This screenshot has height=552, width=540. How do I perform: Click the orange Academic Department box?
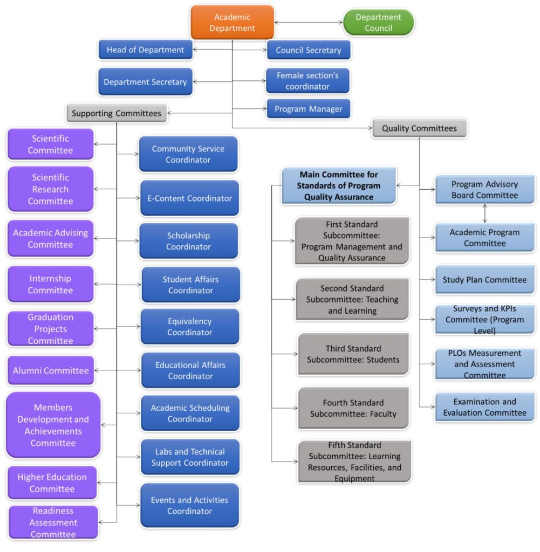pyautogui.click(x=232, y=23)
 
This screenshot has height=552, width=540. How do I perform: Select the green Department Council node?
pyautogui.click(x=378, y=23)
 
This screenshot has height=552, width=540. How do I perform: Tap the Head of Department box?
pyautogui.click(x=145, y=50)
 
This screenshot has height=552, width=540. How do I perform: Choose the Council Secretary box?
pyautogui.click(x=308, y=50)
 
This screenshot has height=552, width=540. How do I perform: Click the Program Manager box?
pyautogui.click(x=308, y=109)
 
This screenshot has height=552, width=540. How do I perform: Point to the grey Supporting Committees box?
pyautogui.click(x=116, y=113)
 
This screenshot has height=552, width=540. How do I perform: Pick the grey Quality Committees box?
pyautogui.click(x=419, y=128)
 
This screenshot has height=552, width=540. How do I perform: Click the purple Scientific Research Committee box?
pyautogui.click(x=50, y=189)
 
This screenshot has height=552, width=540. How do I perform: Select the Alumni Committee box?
pyautogui.click(x=51, y=370)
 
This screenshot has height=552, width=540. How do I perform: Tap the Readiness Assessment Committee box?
pyautogui.click(x=53, y=522)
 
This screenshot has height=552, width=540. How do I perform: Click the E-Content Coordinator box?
pyautogui.click(x=189, y=198)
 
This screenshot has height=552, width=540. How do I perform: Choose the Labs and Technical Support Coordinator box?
pyautogui.click(x=190, y=457)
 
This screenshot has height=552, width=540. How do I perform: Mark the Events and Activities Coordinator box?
pyautogui.click(x=189, y=506)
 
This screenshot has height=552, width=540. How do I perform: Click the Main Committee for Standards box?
pyautogui.click(x=339, y=186)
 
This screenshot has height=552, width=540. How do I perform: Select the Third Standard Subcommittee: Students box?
pyautogui.click(x=353, y=354)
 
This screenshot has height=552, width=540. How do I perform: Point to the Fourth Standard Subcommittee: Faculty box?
pyautogui.click(x=353, y=408)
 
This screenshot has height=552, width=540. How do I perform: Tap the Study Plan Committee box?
pyautogui.click(x=484, y=280)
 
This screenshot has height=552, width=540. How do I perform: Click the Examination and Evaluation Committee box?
pyautogui.click(x=484, y=407)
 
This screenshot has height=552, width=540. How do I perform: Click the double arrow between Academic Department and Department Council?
pyautogui.click(x=309, y=23)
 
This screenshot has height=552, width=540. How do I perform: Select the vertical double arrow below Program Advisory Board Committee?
pyautogui.click(x=485, y=213)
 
